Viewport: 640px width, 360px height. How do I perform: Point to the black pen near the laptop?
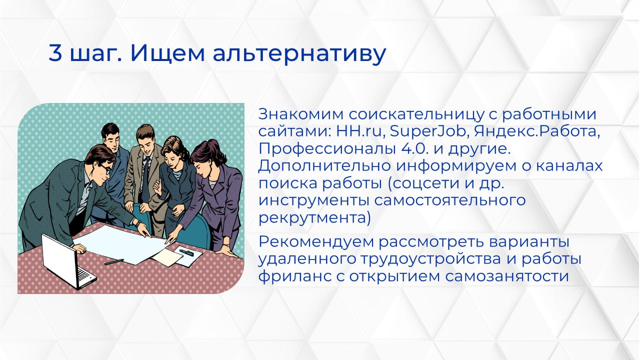(114, 261)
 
